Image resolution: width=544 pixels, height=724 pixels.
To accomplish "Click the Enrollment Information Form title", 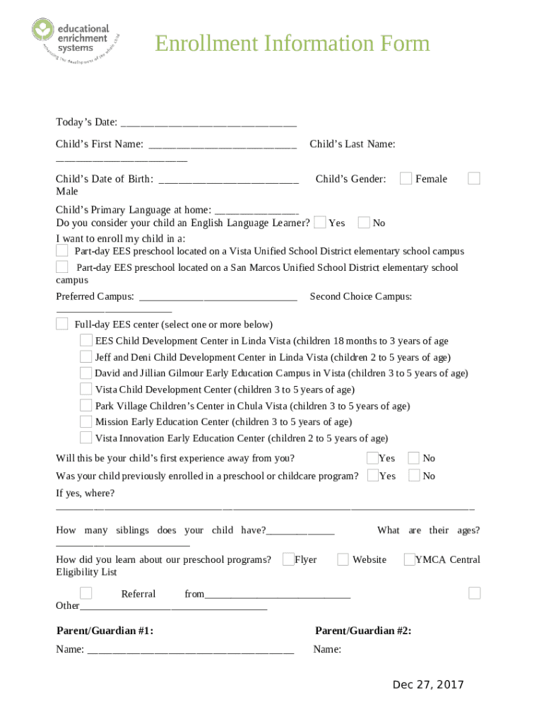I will pyautogui.click(x=292, y=44).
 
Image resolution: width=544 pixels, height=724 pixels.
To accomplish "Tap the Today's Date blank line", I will pyautogui.click(x=208, y=123).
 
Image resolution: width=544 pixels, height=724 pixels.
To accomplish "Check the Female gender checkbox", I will pyautogui.click(x=406, y=179).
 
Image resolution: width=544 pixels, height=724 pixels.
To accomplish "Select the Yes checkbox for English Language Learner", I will pyautogui.click(x=320, y=223).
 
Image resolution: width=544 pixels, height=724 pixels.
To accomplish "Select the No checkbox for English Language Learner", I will pyautogui.click(x=364, y=223).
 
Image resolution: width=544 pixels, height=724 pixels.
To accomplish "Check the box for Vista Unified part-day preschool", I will pyautogui.click(x=62, y=251).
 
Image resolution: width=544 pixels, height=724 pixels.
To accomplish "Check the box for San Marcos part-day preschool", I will pyautogui.click(x=62, y=267).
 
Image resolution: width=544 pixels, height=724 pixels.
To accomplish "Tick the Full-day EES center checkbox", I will pyautogui.click(x=62, y=325).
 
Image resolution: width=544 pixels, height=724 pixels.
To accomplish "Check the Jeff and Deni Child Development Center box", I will pyautogui.click(x=85, y=357).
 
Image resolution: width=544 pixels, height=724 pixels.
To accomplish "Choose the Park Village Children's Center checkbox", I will pyautogui.click(x=85, y=406).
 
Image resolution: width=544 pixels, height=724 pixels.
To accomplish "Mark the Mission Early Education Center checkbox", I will pyautogui.click(x=85, y=421).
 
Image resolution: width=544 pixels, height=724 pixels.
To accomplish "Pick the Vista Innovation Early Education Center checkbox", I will pyautogui.click(x=85, y=438).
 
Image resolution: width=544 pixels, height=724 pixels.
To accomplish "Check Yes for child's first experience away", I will pyautogui.click(x=372, y=458).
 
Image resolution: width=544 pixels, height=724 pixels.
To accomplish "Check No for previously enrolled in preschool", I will pyautogui.click(x=414, y=476).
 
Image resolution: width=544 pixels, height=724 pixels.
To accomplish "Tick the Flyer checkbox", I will pyautogui.click(x=288, y=559).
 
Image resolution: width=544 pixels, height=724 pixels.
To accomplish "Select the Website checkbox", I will pyautogui.click(x=343, y=559).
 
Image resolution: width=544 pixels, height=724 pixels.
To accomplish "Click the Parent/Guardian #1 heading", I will pyautogui.click(x=105, y=631).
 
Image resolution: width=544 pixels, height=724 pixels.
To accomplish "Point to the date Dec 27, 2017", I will pyautogui.click(x=428, y=684).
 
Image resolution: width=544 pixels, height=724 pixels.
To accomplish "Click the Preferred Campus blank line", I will pyautogui.click(x=218, y=297).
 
